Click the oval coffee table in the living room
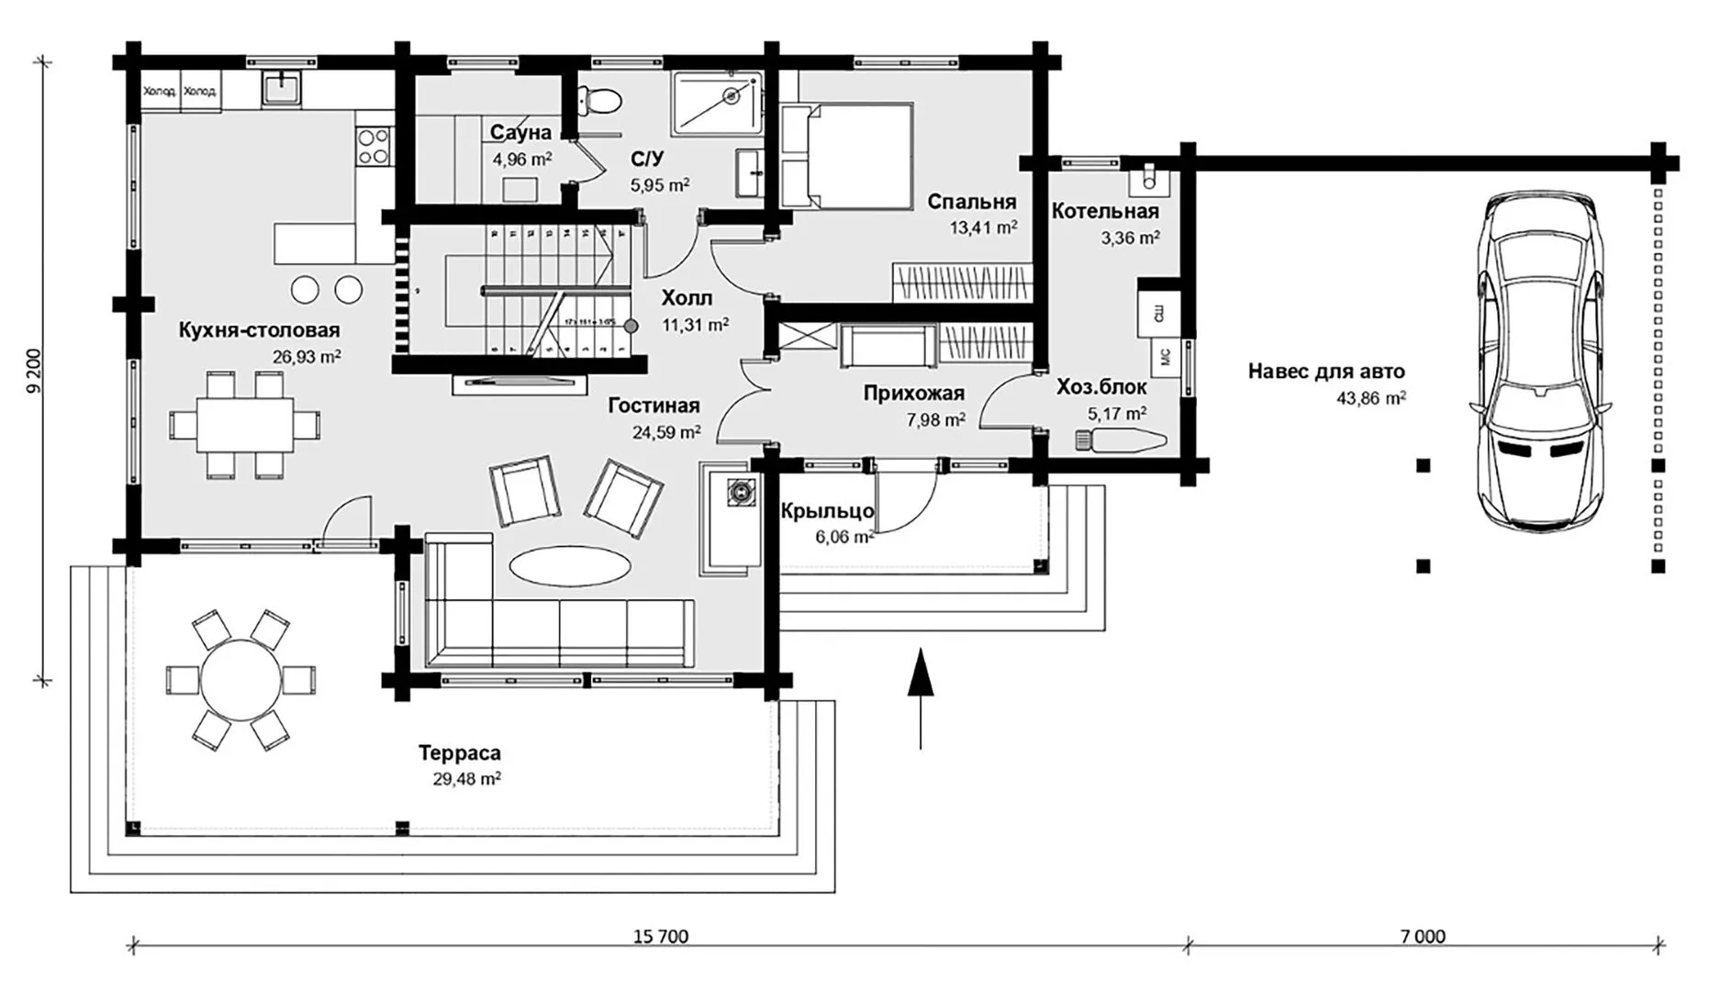570,565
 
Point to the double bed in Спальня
846,156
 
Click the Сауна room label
520,133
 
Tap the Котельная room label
1105,212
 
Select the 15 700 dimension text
660,937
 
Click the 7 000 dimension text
1423,937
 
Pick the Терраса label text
460,754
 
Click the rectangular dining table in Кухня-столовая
244,425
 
